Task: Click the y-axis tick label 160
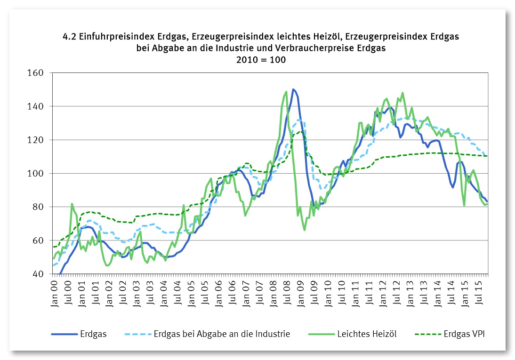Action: point(36,73)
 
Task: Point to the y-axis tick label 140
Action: point(36,106)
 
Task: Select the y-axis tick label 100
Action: point(36,174)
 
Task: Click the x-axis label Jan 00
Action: point(54,292)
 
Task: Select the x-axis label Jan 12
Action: point(384,292)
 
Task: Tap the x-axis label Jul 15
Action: point(481,292)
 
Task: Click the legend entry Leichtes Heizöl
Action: point(367,334)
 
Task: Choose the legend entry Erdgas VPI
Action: point(464,334)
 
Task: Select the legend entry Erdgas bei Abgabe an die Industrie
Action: point(222,334)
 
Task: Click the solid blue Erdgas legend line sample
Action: point(63,335)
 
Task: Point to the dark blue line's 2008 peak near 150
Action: point(293,89)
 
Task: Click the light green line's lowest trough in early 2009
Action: point(305,230)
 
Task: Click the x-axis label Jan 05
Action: point(192,292)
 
